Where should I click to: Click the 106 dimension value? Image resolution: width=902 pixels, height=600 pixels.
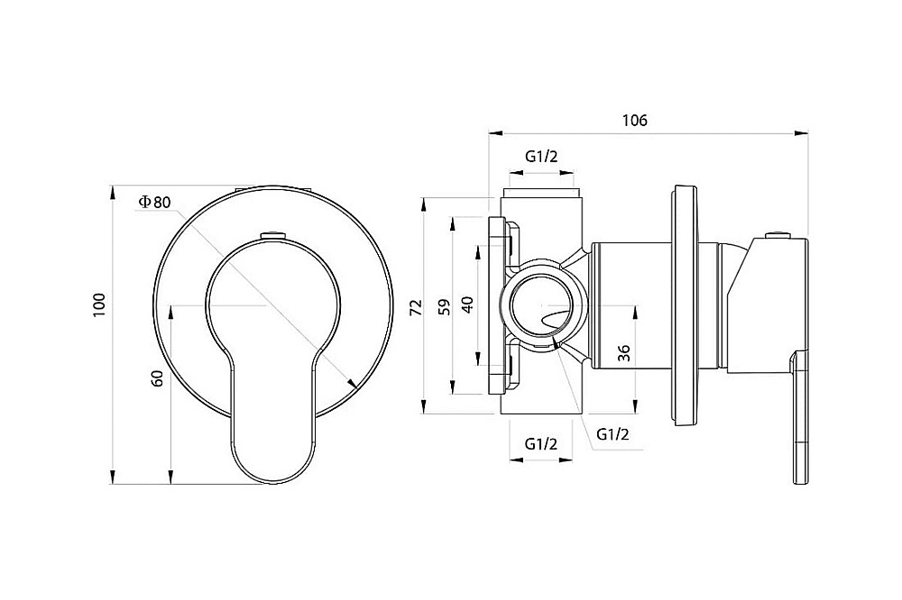coord(634,121)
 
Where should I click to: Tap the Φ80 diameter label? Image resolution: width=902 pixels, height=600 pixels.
coord(155,203)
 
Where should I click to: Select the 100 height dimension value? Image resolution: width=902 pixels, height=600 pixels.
coord(99,305)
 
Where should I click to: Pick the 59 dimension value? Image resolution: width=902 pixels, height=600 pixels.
coord(445,307)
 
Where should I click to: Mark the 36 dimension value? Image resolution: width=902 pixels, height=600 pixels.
coord(625,353)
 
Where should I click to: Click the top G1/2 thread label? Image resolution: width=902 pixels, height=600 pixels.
coord(541,157)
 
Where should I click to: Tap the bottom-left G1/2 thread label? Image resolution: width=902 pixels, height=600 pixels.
coord(540,443)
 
